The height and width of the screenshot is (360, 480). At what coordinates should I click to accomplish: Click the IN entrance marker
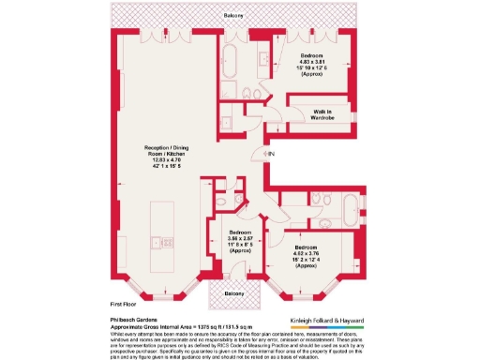(x=270, y=154)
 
